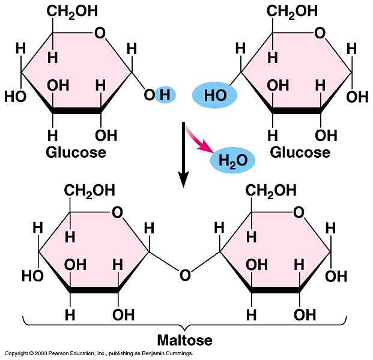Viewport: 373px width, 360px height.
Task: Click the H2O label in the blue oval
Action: click(232, 160)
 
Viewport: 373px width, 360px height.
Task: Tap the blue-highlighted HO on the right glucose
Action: click(214, 95)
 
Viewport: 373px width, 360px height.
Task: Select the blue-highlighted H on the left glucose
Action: click(165, 94)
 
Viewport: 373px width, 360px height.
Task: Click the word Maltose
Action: click(185, 341)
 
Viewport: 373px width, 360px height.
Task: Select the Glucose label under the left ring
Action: click(76, 152)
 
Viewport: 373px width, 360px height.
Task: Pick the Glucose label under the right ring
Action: click(300, 152)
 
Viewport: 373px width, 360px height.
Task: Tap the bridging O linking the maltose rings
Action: click(185, 275)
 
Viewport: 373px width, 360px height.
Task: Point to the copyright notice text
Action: click(99, 354)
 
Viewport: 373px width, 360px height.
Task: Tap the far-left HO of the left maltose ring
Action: click(32, 276)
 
